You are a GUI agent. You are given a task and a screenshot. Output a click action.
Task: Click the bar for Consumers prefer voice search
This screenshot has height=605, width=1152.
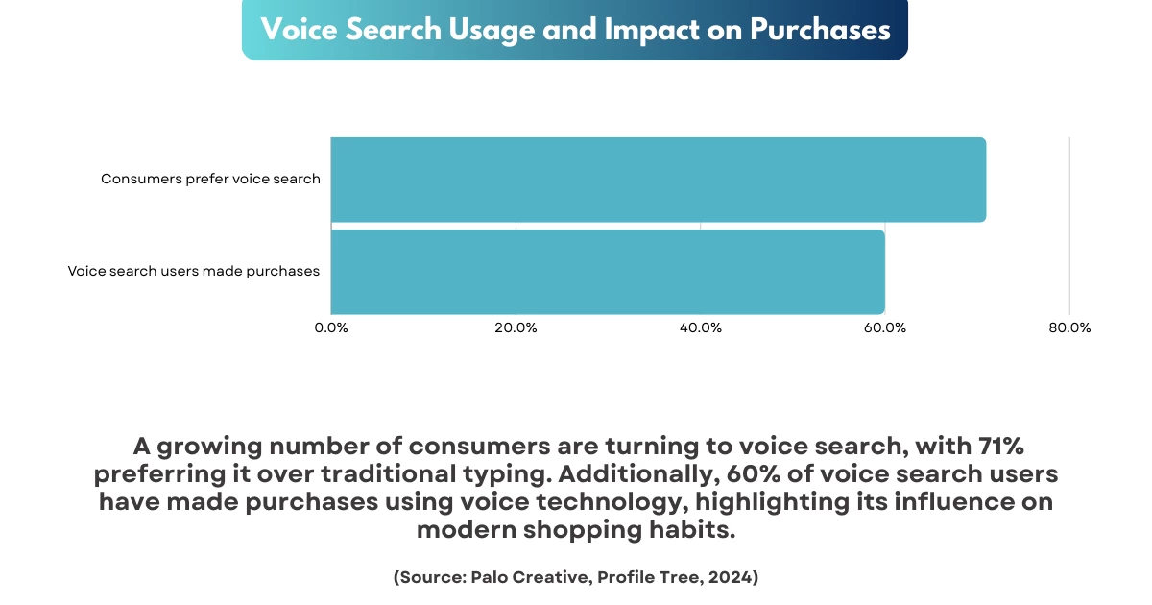point(659,180)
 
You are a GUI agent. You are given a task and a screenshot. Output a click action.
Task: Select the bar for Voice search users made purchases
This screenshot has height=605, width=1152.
point(608,272)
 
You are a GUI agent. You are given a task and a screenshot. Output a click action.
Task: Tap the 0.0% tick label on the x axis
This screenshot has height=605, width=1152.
point(331,328)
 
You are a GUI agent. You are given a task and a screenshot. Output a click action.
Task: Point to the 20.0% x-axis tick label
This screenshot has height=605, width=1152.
point(516,328)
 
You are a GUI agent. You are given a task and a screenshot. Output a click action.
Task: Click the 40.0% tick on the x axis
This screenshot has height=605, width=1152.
point(700,328)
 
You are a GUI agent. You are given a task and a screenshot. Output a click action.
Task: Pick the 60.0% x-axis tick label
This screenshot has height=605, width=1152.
point(885,328)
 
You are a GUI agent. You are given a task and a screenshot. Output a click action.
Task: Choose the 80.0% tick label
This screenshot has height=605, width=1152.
point(1069,328)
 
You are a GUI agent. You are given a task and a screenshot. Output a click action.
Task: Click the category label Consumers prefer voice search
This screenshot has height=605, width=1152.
point(210,179)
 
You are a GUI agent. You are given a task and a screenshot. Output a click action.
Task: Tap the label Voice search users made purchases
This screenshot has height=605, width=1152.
point(193,272)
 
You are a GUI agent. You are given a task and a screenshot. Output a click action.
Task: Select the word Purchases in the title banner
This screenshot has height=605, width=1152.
point(820,30)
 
